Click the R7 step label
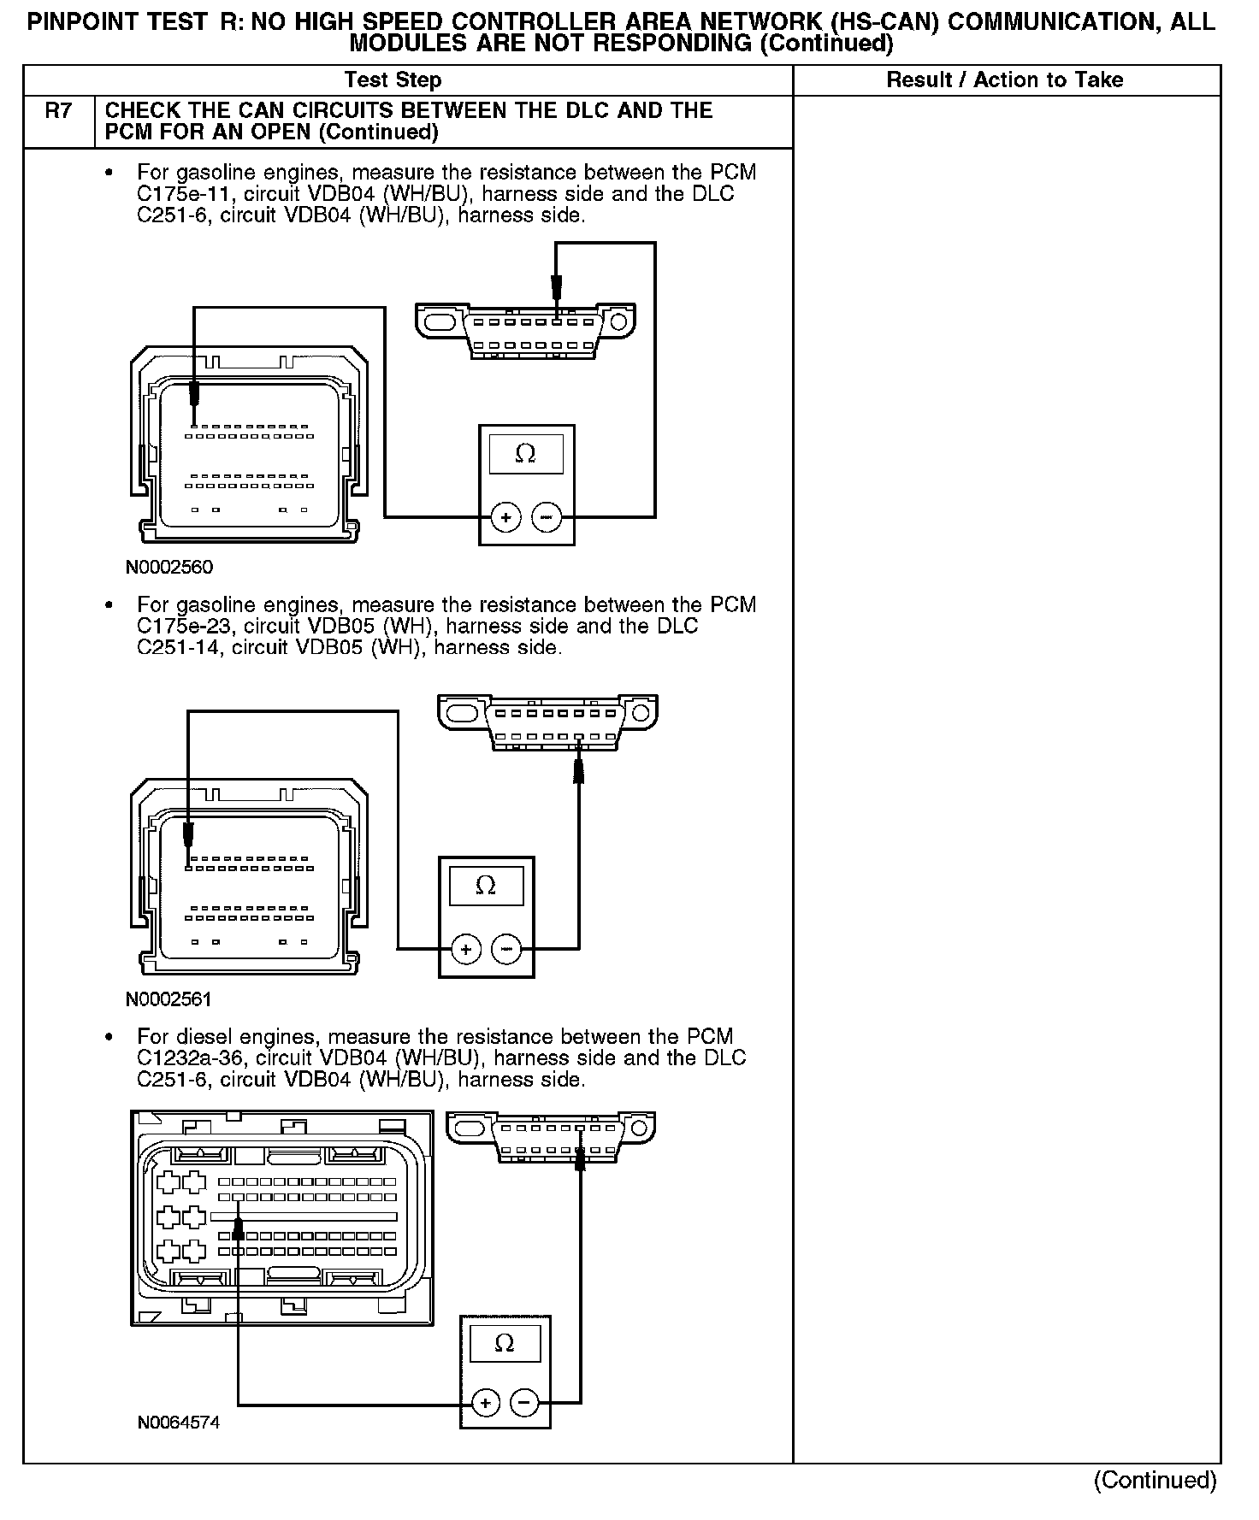pos(57,111)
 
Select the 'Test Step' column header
pos(393,80)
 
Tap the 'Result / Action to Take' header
pos(1004,80)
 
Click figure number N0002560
pos(169,568)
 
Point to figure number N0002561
pos(169,999)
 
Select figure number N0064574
pos(179,1423)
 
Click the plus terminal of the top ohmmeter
pos(506,517)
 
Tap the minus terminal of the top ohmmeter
pos(547,517)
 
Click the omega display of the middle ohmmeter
pos(486,886)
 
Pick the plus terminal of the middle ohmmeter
pos(466,949)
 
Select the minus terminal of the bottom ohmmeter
pos(524,1403)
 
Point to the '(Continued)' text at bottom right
pos(1155,1480)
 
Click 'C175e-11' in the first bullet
pos(174,194)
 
